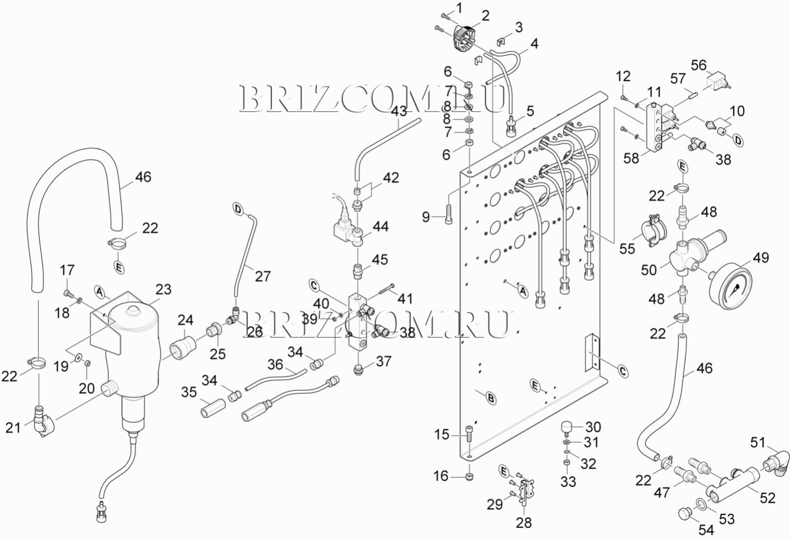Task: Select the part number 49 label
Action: click(x=760, y=257)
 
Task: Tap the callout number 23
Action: click(x=163, y=290)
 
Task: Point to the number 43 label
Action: click(x=399, y=111)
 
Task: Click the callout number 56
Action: click(x=699, y=65)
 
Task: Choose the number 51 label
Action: click(x=758, y=443)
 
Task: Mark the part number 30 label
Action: click(x=593, y=427)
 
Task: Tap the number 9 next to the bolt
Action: click(x=426, y=217)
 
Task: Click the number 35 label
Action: click(x=189, y=392)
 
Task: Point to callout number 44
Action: click(x=380, y=227)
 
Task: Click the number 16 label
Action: click(x=441, y=476)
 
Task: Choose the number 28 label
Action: click(x=524, y=522)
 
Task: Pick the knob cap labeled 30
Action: click(x=567, y=427)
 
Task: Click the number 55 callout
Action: click(x=627, y=248)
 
